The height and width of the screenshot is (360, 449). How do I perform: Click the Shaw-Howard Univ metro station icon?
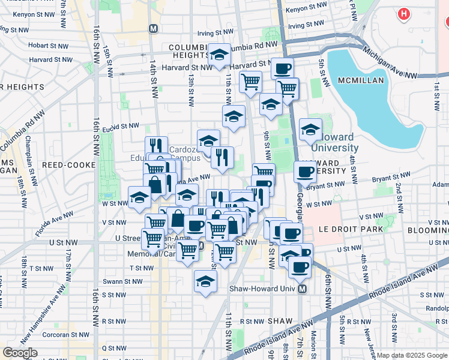pos(302,289)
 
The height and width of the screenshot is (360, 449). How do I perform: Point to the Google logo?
pos(20,353)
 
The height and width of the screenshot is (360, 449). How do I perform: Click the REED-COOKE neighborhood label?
pos(68,164)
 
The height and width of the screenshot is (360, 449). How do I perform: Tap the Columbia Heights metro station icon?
pos(154,29)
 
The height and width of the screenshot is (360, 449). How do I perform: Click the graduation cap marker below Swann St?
pos(205,280)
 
